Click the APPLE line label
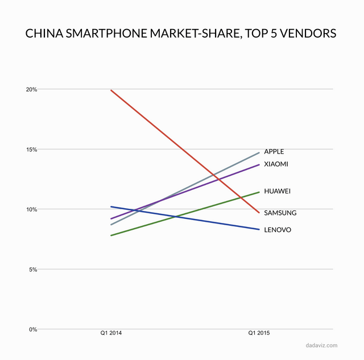(x=274, y=152)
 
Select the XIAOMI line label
(x=276, y=164)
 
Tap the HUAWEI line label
(x=278, y=191)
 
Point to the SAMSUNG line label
(x=280, y=213)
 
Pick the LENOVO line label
(x=278, y=230)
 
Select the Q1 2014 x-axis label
(x=111, y=333)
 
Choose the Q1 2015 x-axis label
(x=259, y=333)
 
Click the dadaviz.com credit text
(x=321, y=345)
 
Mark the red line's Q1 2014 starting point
(x=111, y=90)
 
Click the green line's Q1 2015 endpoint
(x=259, y=192)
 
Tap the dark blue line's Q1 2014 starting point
(x=111, y=206)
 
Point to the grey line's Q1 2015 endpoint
(x=259, y=152)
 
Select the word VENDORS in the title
(x=308, y=34)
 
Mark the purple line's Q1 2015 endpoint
(x=259, y=164)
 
